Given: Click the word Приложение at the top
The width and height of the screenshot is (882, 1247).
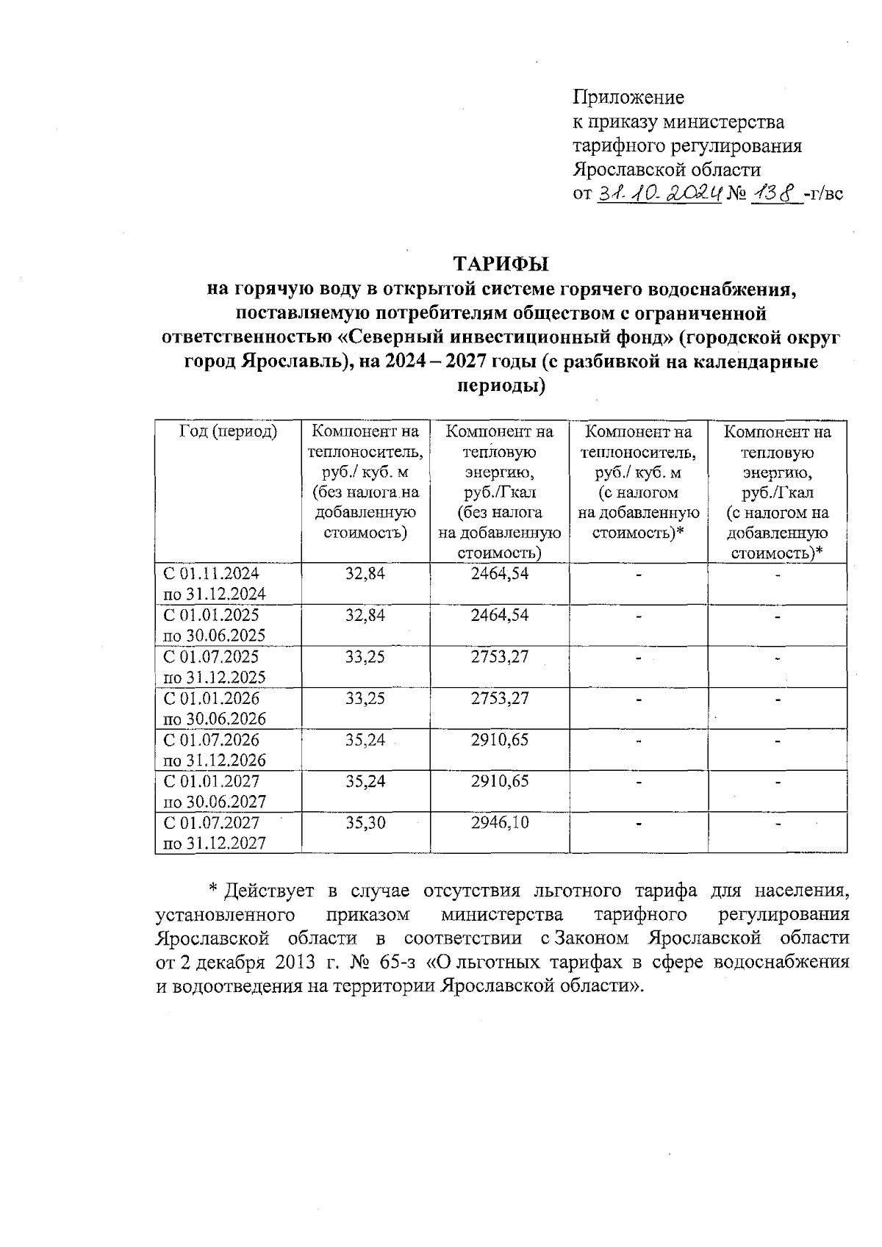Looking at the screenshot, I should [628, 97].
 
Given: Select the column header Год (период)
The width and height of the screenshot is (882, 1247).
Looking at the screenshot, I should [228, 432].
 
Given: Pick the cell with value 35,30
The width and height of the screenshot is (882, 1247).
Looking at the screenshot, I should [365, 823].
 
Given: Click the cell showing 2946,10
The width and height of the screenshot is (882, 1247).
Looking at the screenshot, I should [500, 823].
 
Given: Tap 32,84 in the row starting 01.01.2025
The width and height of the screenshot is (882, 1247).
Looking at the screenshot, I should [365, 615].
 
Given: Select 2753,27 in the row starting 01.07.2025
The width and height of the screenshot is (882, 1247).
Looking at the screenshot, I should [500, 656].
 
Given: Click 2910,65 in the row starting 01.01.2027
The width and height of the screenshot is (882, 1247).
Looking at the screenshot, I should [500, 781].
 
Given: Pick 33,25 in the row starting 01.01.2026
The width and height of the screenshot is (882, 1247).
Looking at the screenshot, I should [365, 698].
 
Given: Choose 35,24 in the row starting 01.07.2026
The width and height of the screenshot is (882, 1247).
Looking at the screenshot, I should [365, 740].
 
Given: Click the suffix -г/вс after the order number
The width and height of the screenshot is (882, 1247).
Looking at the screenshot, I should [823, 194].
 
